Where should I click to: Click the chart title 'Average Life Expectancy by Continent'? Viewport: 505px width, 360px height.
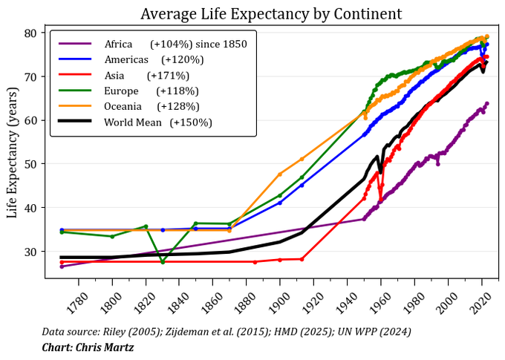(271, 14)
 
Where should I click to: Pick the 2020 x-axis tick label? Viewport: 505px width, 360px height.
(482, 301)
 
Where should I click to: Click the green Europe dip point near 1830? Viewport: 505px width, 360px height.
(163, 262)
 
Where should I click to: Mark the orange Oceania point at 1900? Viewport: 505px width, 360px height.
(280, 174)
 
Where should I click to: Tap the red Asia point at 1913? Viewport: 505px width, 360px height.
(302, 259)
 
